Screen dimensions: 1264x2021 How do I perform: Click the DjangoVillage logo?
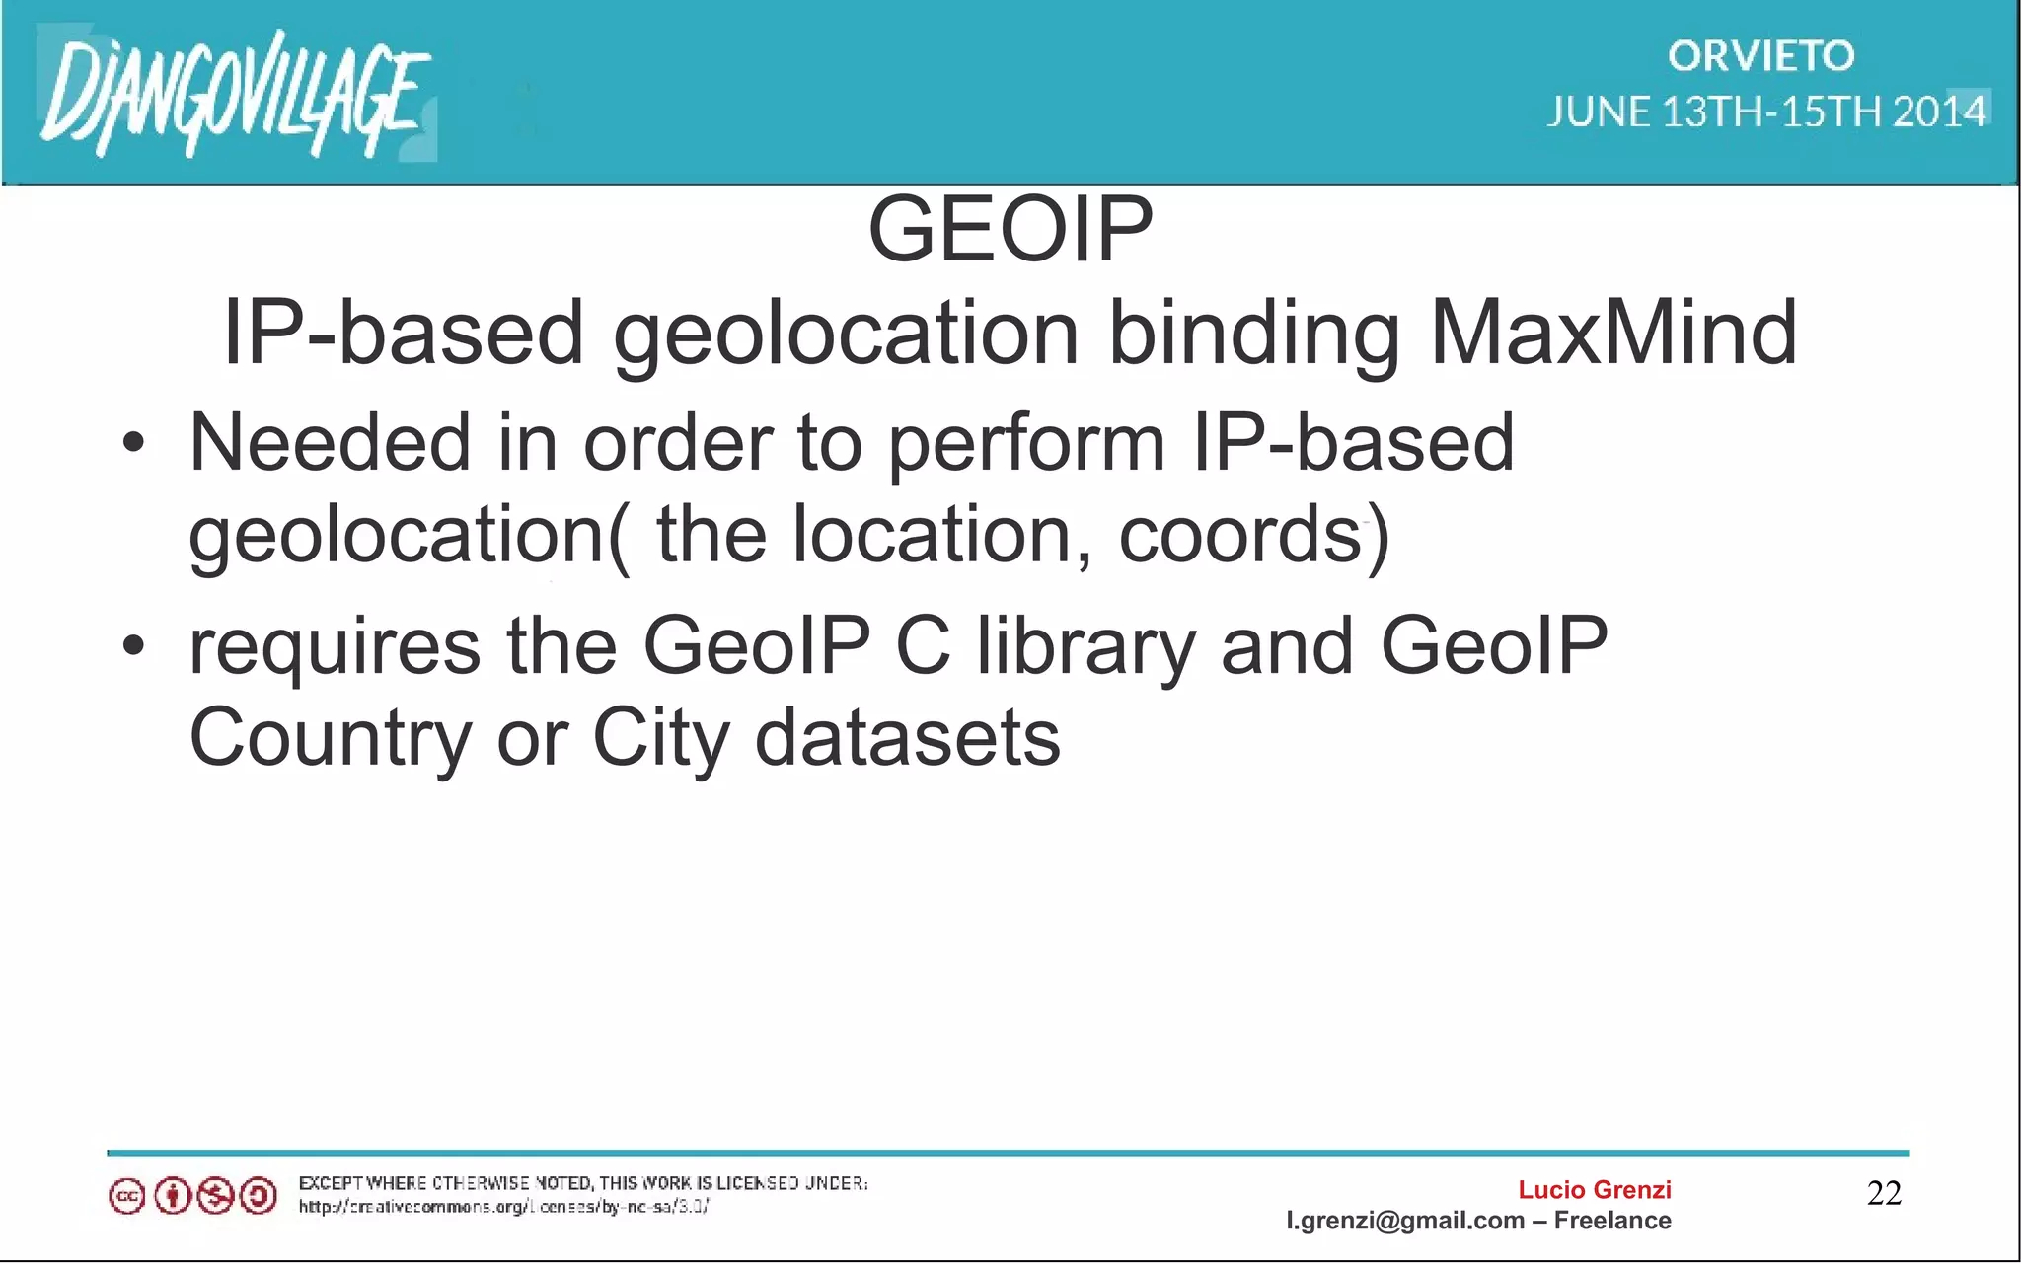[x=235, y=95]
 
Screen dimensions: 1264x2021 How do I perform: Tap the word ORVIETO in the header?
[x=1760, y=56]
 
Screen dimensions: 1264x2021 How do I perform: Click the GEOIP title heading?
[x=1010, y=229]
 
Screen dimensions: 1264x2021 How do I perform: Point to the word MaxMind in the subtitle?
[x=1612, y=334]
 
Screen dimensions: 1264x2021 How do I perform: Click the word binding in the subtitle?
[x=1253, y=334]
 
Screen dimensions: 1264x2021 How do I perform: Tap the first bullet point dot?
[x=133, y=443]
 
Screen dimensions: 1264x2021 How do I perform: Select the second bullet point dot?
[x=133, y=646]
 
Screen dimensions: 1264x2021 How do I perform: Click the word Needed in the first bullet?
[x=330, y=443]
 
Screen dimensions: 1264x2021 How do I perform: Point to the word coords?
[x=1240, y=535]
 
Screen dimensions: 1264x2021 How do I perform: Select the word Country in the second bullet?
[x=330, y=739]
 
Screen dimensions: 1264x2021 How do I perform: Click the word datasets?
[x=907, y=737]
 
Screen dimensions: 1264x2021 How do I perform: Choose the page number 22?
[x=1884, y=1193]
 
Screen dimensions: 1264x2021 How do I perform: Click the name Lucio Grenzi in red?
[x=1594, y=1189]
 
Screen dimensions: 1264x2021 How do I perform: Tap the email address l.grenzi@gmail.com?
[x=1404, y=1221]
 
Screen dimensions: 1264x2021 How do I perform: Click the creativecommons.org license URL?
[x=503, y=1206]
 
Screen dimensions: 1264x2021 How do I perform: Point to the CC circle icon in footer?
[x=126, y=1197]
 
